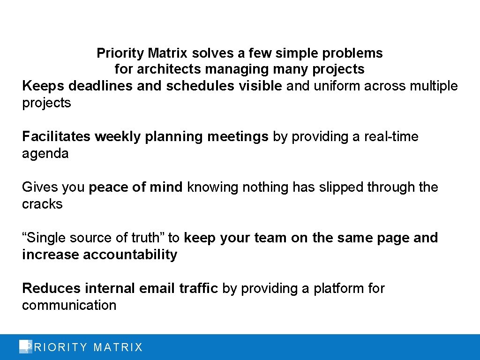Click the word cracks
coord(42,204)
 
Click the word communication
coord(69,306)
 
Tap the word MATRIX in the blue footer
coord(118,347)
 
